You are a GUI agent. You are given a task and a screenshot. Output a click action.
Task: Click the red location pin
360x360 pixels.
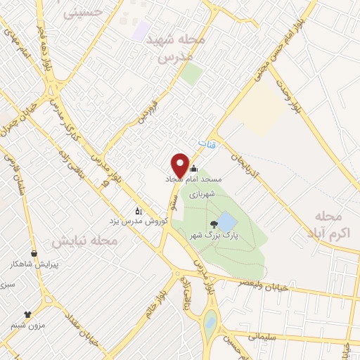180,165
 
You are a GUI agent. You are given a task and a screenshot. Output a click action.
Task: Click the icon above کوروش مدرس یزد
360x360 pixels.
139,210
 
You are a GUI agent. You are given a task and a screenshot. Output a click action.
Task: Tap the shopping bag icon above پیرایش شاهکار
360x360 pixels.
34,253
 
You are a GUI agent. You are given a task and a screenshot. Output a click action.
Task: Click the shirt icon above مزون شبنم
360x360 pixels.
28,314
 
